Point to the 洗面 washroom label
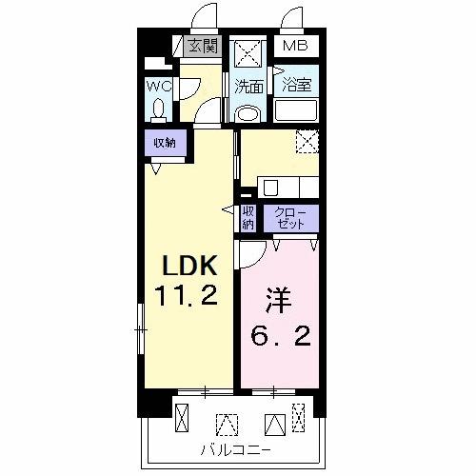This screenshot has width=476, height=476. (249, 86)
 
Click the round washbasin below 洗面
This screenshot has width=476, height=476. (248, 112)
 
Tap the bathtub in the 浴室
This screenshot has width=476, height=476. (297, 110)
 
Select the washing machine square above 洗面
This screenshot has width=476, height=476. (248, 51)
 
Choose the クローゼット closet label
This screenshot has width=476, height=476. (290, 218)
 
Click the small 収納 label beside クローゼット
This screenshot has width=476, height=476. (248, 218)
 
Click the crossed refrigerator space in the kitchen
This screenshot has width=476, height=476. (307, 143)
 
